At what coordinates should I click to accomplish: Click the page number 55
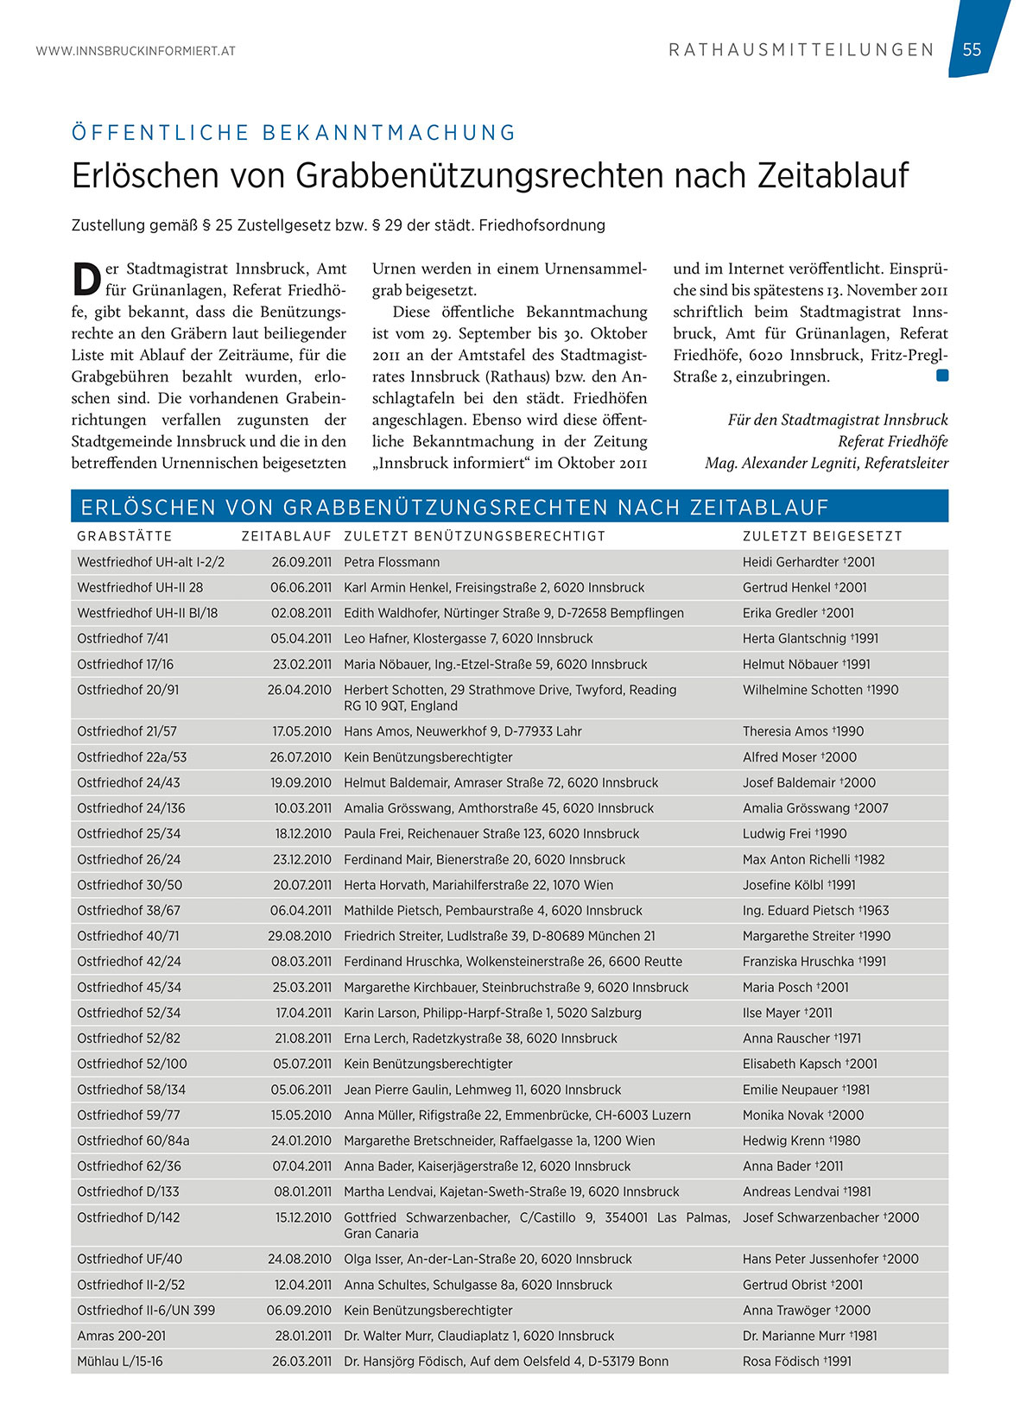[972, 50]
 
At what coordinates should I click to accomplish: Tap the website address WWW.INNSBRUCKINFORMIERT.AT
[136, 51]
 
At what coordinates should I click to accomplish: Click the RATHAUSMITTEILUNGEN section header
[801, 50]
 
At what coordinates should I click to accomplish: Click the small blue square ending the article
[941, 376]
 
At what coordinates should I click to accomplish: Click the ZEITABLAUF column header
[286, 536]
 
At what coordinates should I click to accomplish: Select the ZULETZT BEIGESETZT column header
[822, 536]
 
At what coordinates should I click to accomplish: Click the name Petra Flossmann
[391, 562]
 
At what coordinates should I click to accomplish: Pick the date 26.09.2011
[301, 562]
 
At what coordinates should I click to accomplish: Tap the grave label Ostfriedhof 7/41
[123, 639]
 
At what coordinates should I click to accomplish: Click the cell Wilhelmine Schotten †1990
[820, 690]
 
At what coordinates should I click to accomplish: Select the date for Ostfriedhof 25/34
[303, 834]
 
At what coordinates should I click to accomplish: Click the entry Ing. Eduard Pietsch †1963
[815, 911]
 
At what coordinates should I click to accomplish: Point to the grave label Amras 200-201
[121, 1336]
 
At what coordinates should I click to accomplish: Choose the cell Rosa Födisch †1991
[796, 1362]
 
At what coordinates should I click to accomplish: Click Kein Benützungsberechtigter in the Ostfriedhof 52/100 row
[428, 1065]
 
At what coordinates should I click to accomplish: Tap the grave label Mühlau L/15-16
[119, 1362]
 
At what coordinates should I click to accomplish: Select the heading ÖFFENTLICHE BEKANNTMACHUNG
[294, 133]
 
